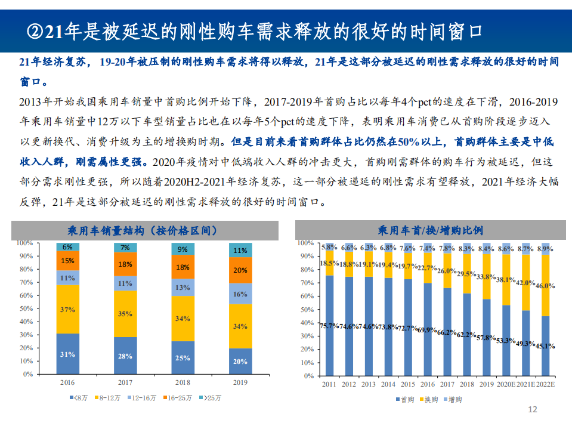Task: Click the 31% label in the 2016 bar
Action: coord(67,354)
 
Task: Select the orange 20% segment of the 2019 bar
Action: coord(240,270)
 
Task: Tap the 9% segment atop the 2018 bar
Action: coord(183,249)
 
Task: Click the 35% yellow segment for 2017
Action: coord(125,313)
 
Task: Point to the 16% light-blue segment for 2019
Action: coord(240,294)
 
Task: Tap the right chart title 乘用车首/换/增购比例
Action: coord(430,230)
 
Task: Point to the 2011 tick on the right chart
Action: coord(329,385)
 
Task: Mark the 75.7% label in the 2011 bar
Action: coord(329,326)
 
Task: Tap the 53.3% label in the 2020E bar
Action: coord(505,341)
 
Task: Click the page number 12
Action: coord(533,409)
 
